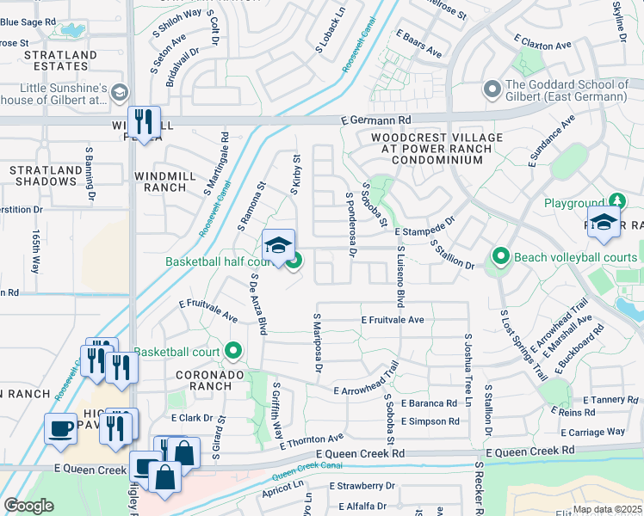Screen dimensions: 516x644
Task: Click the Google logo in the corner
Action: [x=28, y=506]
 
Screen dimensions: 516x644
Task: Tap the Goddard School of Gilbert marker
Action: [x=492, y=89]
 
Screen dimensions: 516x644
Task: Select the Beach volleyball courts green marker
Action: [x=500, y=257]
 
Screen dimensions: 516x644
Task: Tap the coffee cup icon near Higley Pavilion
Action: [x=60, y=428]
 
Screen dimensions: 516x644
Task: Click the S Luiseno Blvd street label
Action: [x=400, y=277]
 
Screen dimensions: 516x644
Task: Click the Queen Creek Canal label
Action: [x=307, y=470]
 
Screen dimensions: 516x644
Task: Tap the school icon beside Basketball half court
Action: [x=278, y=245]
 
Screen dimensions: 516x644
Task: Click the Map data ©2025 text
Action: [x=606, y=509]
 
